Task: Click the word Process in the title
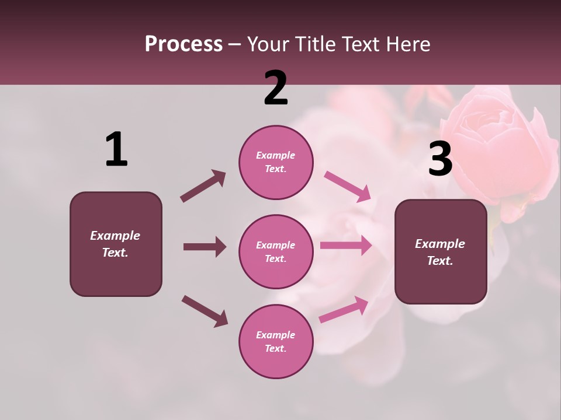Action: tap(183, 44)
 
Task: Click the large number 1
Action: tap(116, 150)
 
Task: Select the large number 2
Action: tap(276, 88)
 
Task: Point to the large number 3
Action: tap(440, 159)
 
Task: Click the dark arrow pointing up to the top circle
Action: tap(203, 186)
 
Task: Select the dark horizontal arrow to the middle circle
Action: tap(205, 247)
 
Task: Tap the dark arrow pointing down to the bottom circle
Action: tap(205, 311)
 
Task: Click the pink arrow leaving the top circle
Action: tap(347, 187)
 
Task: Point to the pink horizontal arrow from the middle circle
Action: tap(346, 246)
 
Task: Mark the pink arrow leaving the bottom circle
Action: tap(344, 310)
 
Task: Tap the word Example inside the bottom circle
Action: tap(275, 335)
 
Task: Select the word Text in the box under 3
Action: tap(439, 261)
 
